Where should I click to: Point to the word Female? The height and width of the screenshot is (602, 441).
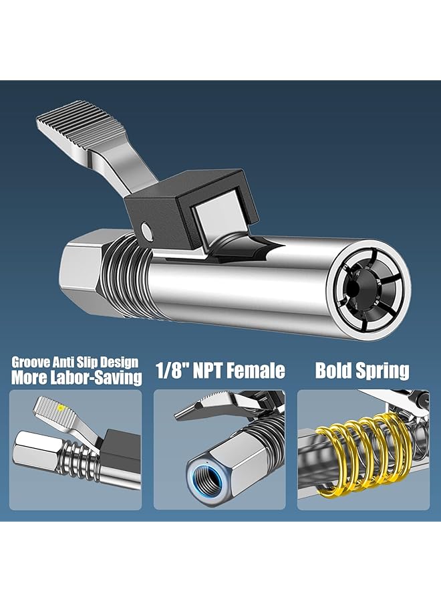(261, 371)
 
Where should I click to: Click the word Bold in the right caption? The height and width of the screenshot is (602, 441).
(333, 371)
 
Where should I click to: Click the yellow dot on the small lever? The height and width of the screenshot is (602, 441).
(61, 406)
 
